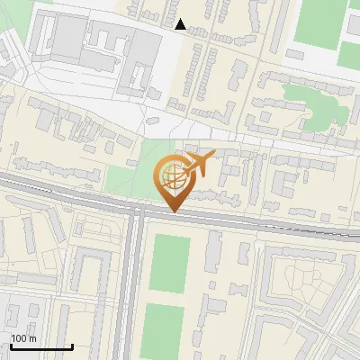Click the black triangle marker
point(181,24)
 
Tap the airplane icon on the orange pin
point(197,165)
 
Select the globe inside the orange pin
point(171,178)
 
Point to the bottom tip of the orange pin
point(172,211)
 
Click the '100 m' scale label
point(23,338)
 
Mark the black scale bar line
point(41,346)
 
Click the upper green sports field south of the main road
point(169,262)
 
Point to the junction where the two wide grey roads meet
point(137,209)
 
